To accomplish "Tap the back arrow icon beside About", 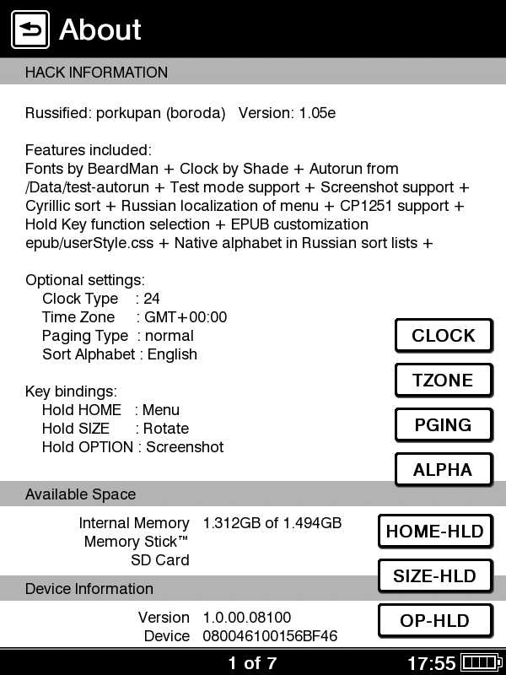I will click(x=30, y=30).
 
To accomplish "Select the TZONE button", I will click(x=443, y=381).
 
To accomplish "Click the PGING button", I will click(x=443, y=425).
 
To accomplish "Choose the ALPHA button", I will click(x=443, y=470).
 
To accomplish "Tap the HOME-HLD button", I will click(x=434, y=532).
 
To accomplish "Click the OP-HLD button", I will click(x=434, y=621).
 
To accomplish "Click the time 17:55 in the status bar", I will click(x=431, y=663).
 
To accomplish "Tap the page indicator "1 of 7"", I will click(x=252, y=663).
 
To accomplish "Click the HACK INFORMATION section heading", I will click(x=96, y=73).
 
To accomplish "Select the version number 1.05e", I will click(x=317, y=113).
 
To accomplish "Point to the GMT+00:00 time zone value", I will click(x=186, y=317).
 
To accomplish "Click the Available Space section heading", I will click(x=80, y=494).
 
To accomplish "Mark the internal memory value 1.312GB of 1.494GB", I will click(x=272, y=523).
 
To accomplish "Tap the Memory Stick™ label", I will click(x=136, y=542).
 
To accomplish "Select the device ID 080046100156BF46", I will click(x=270, y=636).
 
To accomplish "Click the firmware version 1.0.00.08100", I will click(x=247, y=618).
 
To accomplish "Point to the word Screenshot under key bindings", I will click(x=185, y=447).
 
